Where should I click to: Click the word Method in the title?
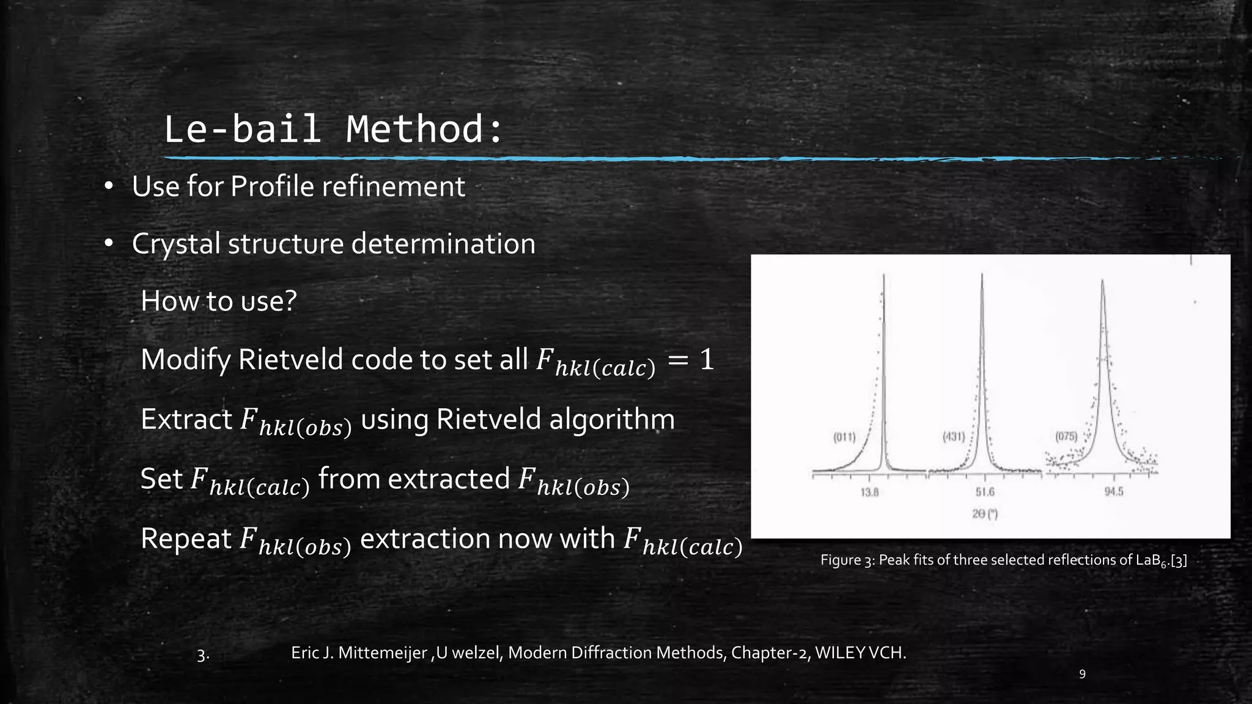(416, 130)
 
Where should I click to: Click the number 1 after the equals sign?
(707, 359)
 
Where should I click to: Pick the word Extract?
(186, 420)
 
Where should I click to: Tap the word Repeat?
(186, 539)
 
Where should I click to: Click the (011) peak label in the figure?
(844, 437)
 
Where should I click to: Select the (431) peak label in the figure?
(954, 437)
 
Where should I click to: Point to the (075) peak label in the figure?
(1066, 436)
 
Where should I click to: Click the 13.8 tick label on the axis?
(869, 492)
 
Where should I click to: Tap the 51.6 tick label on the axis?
(985, 492)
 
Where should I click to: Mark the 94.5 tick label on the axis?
(1114, 492)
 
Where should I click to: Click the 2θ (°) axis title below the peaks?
(985, 515)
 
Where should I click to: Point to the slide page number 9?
(1082, 674)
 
